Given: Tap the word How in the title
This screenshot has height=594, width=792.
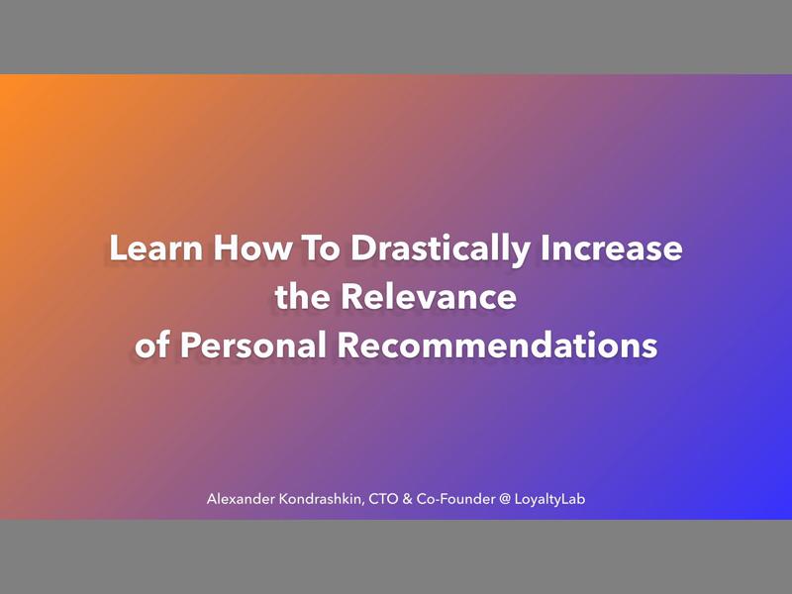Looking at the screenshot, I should pyautogui.click(x=235, y=248).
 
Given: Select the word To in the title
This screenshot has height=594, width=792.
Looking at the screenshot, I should pyautogui.click(x=308, y=248).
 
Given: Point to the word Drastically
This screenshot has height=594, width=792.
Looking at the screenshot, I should pyautogui.click(x=436, y=249).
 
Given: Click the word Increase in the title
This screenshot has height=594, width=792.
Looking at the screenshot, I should pyautogui.click(x=611, y=248).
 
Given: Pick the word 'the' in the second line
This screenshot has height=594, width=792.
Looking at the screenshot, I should pyautogui.click(x=301, y=297).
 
